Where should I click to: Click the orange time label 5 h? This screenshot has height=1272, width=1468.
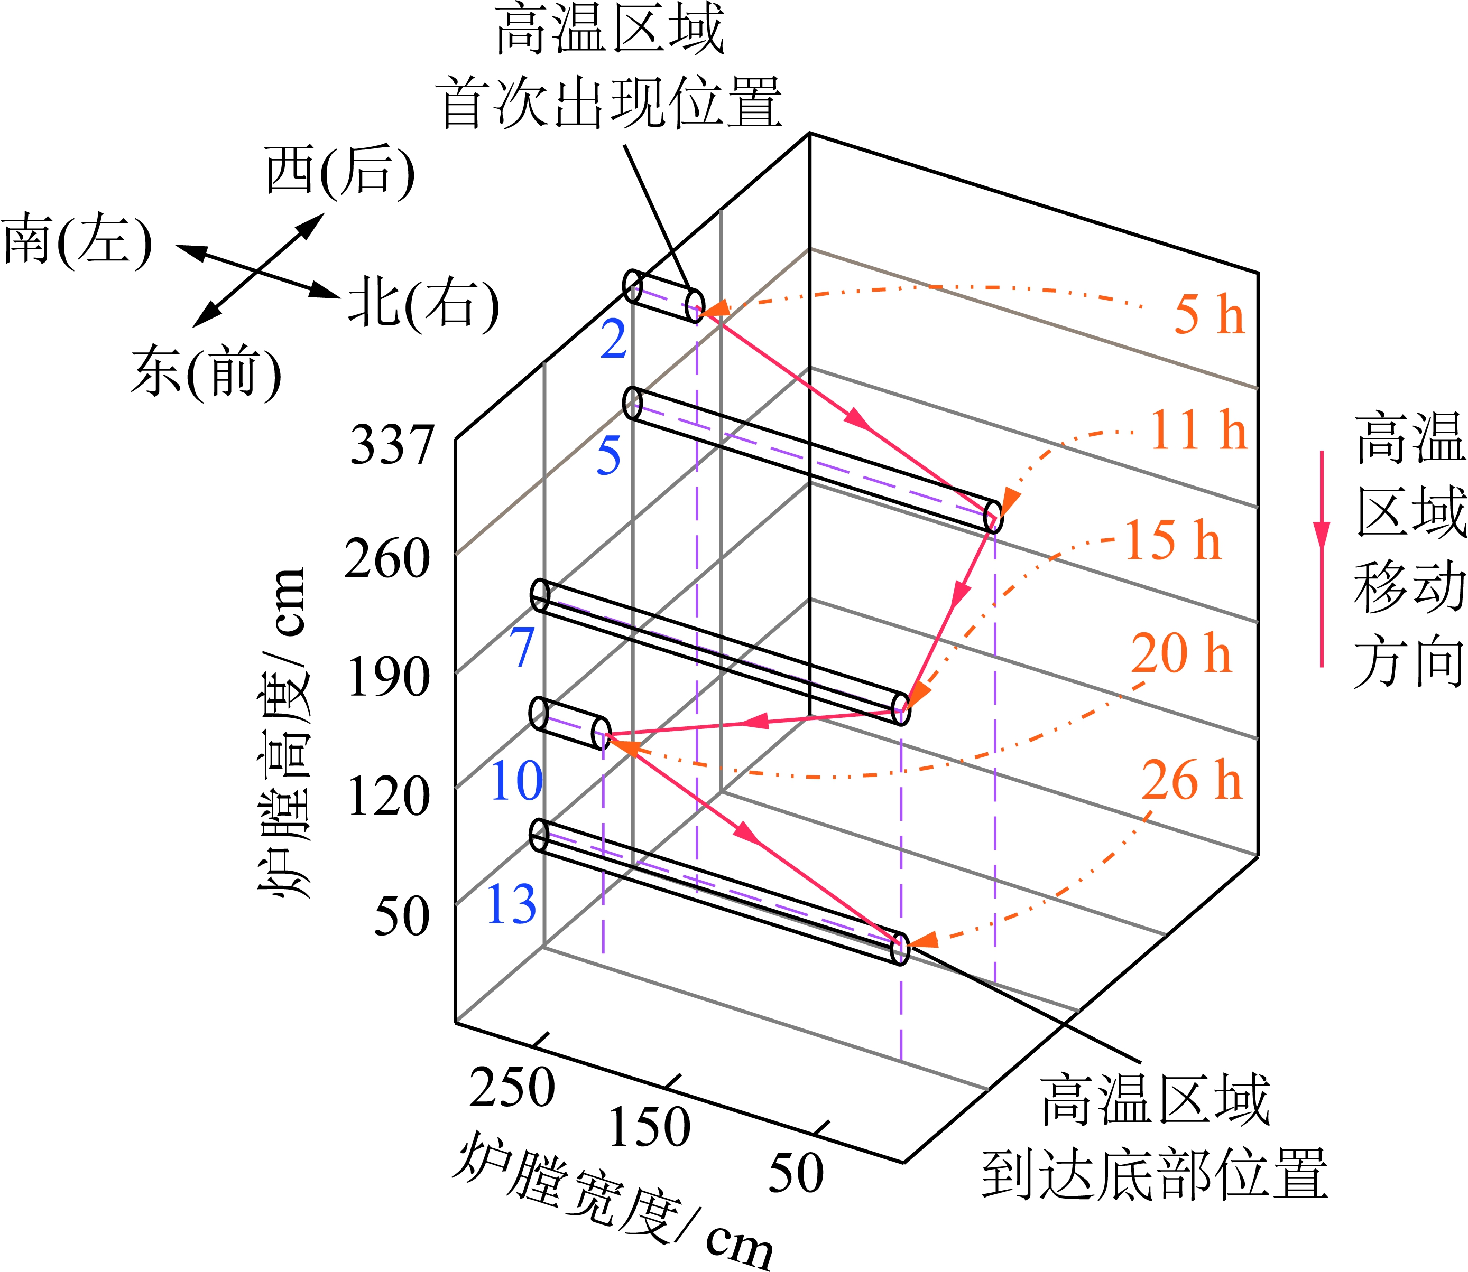(x=1209, y=314)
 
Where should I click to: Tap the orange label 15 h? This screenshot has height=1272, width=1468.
(x=1172, y=541)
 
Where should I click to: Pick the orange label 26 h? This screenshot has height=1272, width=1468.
(x=1192, y=781)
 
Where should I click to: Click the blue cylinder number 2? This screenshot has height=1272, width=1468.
(x=614, y=339)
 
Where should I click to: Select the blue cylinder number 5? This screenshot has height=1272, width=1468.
(x=608, y=456)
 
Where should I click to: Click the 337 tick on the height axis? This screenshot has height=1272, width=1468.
(x=391, y=446)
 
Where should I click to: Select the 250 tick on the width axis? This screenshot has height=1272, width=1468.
(x=511, y=1088)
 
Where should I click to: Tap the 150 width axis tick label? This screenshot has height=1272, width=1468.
(x=649, y=1127)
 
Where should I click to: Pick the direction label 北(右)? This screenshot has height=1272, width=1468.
(x=423, y=305)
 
